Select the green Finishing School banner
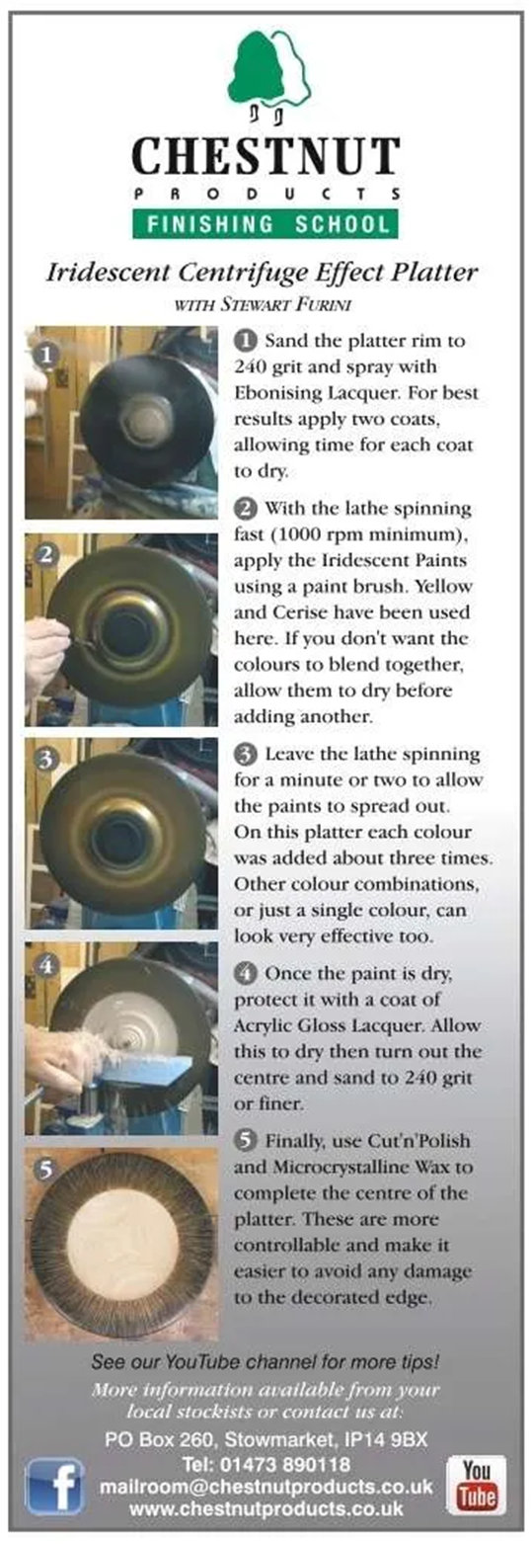pos(265,224)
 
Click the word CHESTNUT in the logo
pos(265,156)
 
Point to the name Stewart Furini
pos(285,304)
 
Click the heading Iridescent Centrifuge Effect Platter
pos(262,273)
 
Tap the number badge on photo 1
pos(46,355)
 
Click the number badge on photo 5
pos(45,1170)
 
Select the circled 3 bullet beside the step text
pos(245,754)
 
